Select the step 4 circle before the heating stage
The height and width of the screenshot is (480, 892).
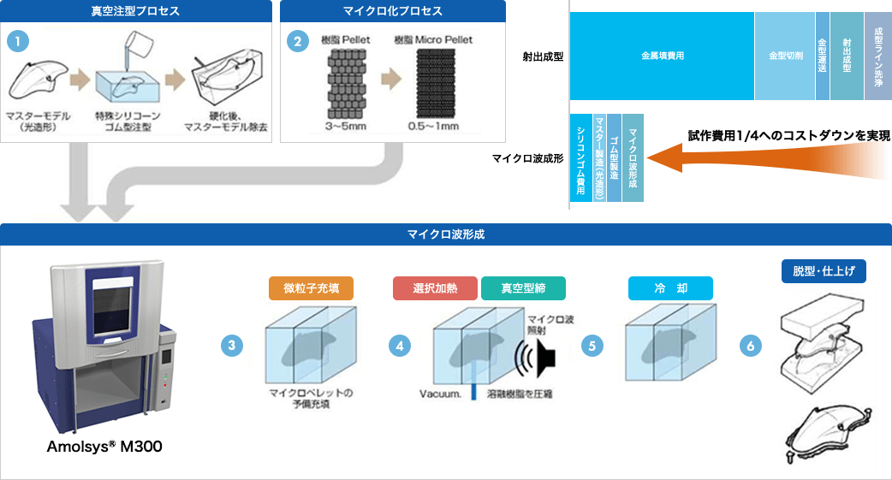coord(399,346)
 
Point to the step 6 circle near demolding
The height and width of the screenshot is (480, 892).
coord(750,346)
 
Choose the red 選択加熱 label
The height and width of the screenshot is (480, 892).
coord(434,288)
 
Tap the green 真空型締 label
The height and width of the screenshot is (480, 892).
coord(523,288)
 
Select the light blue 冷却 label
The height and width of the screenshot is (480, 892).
coord(670,288)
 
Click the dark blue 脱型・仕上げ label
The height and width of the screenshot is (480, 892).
coord(824,271)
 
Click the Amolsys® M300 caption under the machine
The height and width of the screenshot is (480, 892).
coord(105,447)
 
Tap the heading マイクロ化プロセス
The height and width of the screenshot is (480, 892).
coord(393,11)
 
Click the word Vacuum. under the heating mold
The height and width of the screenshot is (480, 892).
coord(442,394)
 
